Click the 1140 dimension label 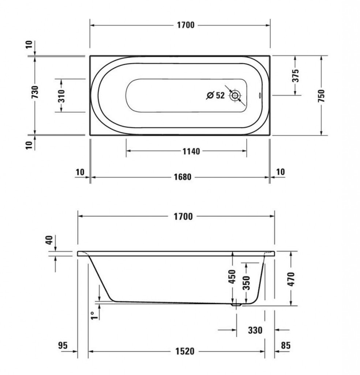click(191, 151)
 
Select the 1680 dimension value click(183, 177)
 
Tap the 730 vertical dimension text click(35, 92)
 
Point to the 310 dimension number click(61, 96)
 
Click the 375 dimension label click(296, 75)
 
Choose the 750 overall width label click(322, 96)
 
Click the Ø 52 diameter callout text click(215, 96)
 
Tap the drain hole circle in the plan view click(235, 96)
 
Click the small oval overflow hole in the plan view click(260, 96)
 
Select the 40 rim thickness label click(49, 240)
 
